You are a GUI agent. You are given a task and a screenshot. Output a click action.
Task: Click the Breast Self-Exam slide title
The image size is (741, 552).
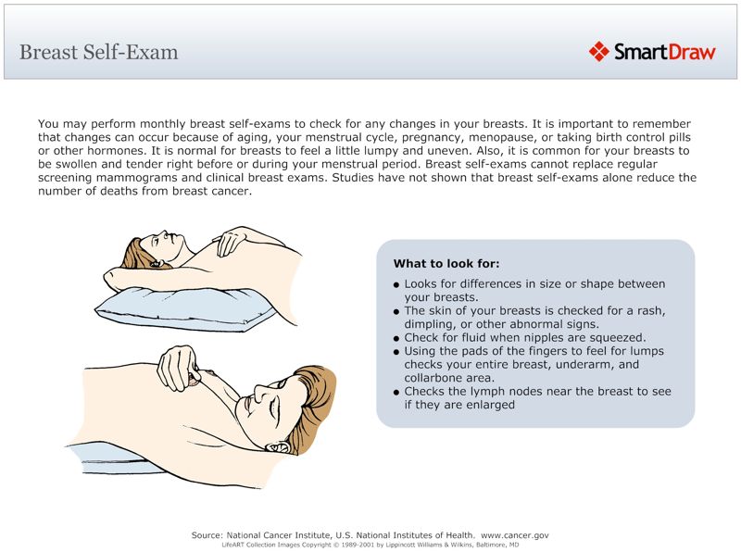(98, 52)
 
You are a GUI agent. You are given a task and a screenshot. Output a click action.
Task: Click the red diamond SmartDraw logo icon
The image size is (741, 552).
(598, 52)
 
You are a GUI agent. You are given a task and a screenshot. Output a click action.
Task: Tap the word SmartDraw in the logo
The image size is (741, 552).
(664, 52)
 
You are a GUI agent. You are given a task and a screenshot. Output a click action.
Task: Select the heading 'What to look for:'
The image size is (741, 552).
(446, 264)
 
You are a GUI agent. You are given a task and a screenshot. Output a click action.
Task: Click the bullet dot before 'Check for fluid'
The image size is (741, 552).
(396, 339)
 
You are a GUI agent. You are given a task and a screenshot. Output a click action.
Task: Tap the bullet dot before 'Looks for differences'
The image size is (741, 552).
(396, 285)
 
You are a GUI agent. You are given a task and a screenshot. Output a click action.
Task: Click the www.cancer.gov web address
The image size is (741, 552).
(515, 535)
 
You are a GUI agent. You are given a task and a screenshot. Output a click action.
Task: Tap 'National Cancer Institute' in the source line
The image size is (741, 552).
(283, 535)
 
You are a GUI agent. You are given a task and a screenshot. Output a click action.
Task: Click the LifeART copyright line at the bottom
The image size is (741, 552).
(370, 546)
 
